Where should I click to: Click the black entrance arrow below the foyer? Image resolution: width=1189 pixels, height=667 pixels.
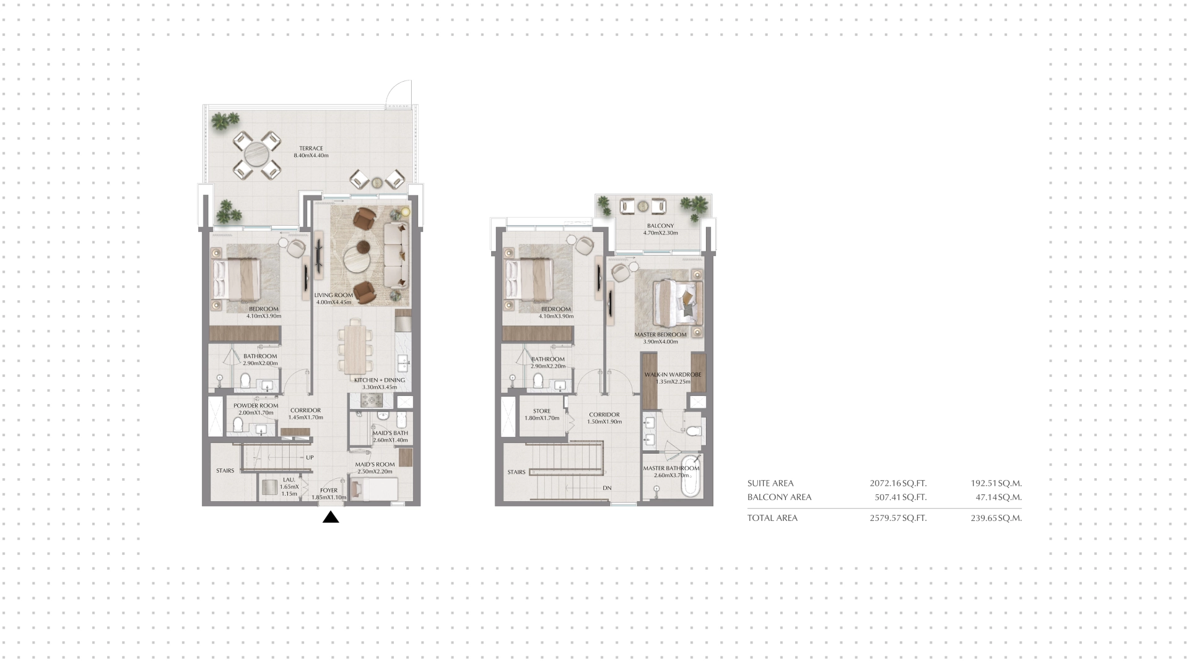point(331,517)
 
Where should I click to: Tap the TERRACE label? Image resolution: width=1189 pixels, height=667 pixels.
point(311,148)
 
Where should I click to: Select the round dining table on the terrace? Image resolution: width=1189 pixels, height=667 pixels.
point(255,154)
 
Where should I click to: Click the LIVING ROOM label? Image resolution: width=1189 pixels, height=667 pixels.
point(333,295)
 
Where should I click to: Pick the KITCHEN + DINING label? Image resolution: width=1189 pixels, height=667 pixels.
point(380,380)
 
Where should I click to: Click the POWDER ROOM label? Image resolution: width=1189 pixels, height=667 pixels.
point(256,406)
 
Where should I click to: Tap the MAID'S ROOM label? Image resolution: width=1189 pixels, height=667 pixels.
point(375,465)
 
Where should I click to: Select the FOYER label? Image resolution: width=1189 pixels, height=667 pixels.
point(329,491)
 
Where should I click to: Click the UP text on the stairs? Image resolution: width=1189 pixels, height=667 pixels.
point(310,458)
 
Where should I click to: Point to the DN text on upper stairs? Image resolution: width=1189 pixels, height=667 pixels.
point(607,488)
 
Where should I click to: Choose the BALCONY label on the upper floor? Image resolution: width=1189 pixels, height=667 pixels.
point(660,226)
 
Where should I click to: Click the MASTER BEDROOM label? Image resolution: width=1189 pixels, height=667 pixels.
point(661,335)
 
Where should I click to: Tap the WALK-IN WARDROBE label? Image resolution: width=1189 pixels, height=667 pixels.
point(673,375)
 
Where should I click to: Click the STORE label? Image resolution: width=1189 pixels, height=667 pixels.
point(542,411)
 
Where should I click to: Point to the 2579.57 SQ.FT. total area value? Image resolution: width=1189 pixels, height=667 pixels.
point(898,519)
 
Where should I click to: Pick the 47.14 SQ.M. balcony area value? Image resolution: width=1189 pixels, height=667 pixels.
point(996,497)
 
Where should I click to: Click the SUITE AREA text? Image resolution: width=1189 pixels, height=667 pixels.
point(770,484)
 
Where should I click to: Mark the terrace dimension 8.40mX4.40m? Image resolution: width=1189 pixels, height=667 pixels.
point(311,156)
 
